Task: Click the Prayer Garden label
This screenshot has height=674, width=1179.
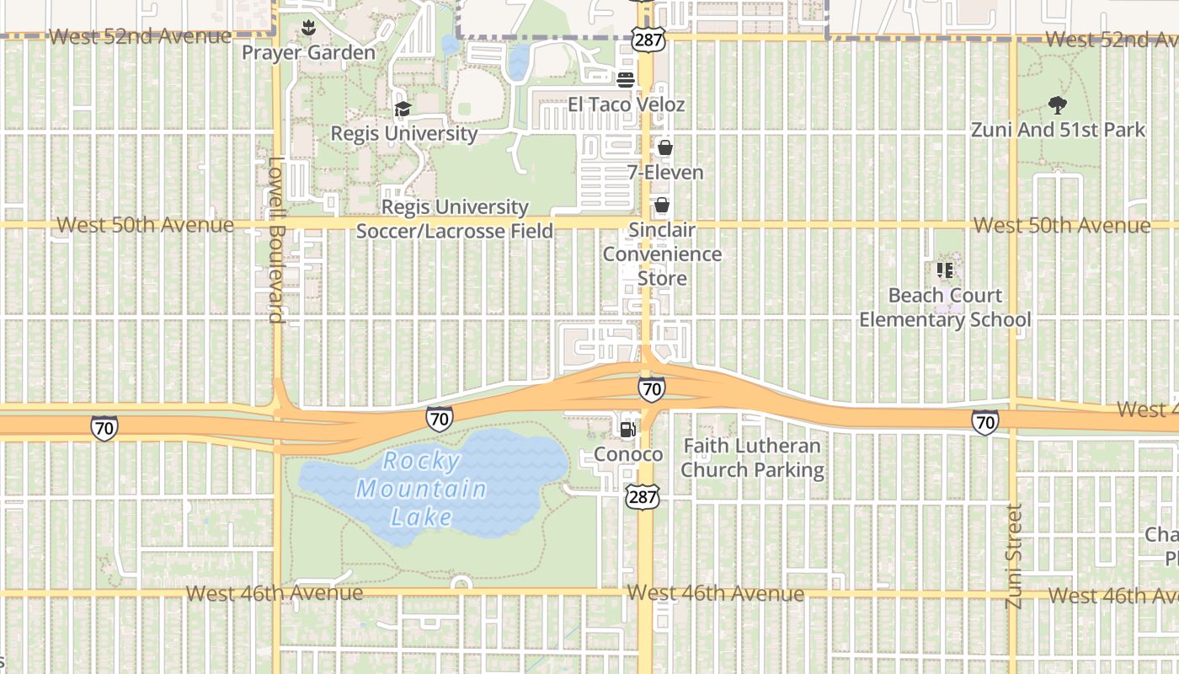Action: [x=308, y=53]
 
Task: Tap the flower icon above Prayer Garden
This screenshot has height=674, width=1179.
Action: [x=308, y=27]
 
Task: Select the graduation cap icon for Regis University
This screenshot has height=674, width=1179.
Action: [x=403, y=110]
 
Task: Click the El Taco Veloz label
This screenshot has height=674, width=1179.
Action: [x=626, y=104]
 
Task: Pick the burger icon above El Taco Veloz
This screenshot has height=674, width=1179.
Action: [x=625, y=80]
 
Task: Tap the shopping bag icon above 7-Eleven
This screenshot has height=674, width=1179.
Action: [x=665, y=148]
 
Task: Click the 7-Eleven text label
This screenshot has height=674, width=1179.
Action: [x=665, y=173]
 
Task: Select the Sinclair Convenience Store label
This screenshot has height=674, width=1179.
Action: [x=662, y=254]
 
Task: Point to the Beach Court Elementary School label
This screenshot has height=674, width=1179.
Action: [x=945, y=308]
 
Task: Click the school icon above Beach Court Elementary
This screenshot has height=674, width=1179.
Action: [x=944, y=270]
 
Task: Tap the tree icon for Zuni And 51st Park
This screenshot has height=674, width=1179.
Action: [x=1057, y=105]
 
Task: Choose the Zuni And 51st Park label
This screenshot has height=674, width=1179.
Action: [x=1058, y=130]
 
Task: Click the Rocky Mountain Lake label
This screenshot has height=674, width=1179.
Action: [x=421, y=489]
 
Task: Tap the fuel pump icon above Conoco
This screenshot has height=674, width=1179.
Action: [x=627, y=430]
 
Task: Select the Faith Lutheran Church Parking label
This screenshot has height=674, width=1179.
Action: [x=752, y=457]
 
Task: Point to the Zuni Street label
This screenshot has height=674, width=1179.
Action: [x=1014, y=556]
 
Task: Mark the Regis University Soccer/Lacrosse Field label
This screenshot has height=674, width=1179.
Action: [x=455, y=218]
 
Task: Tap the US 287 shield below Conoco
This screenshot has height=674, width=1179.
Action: [x=642, y=497]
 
